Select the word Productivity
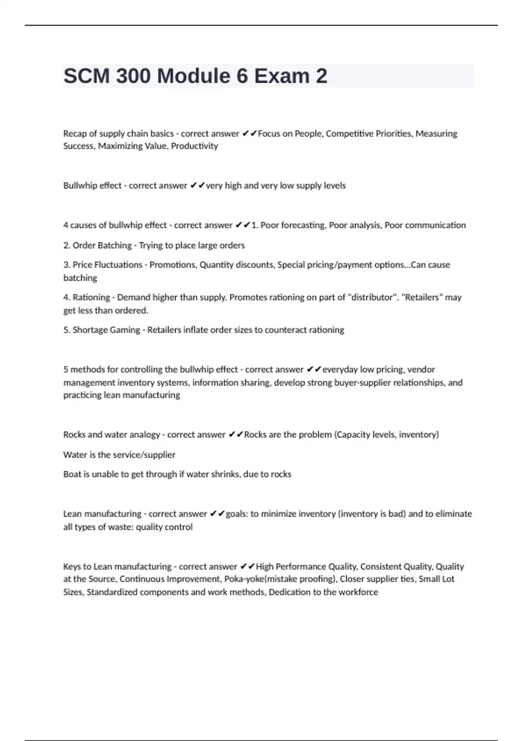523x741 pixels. [194, 146]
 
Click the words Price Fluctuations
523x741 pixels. [107, 265]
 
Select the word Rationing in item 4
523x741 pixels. [91, 297]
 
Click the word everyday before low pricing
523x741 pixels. [340, 370]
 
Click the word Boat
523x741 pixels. [71, 474]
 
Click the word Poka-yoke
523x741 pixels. [244, 579]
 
